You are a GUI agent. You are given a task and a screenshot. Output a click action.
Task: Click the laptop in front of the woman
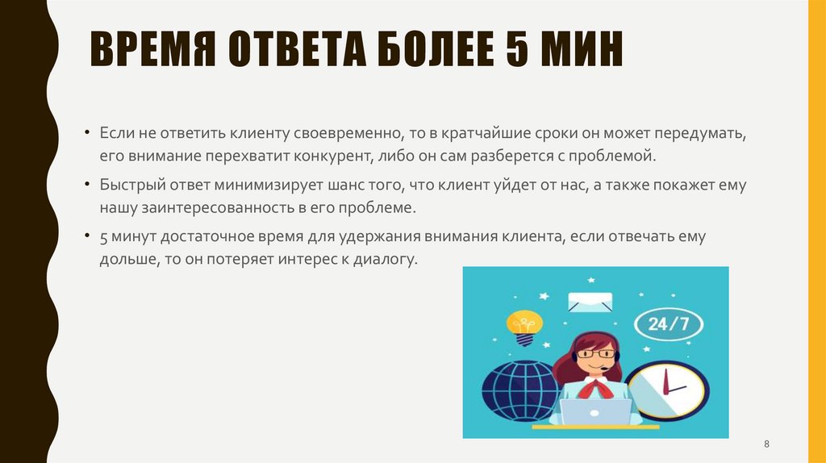coord(596,412)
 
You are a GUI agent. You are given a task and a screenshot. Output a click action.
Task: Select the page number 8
coord(766,444)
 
